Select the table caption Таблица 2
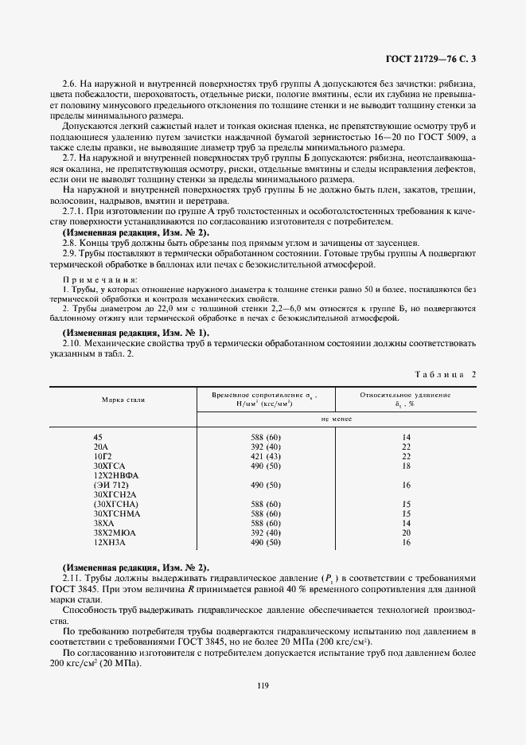click(x=446, y=372)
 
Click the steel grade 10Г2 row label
click(x=103, y=455)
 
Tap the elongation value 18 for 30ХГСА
click(x=406, y=465)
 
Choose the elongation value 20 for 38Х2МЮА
click(x=406, y=532)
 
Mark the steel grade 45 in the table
click(x=98, y=437)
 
